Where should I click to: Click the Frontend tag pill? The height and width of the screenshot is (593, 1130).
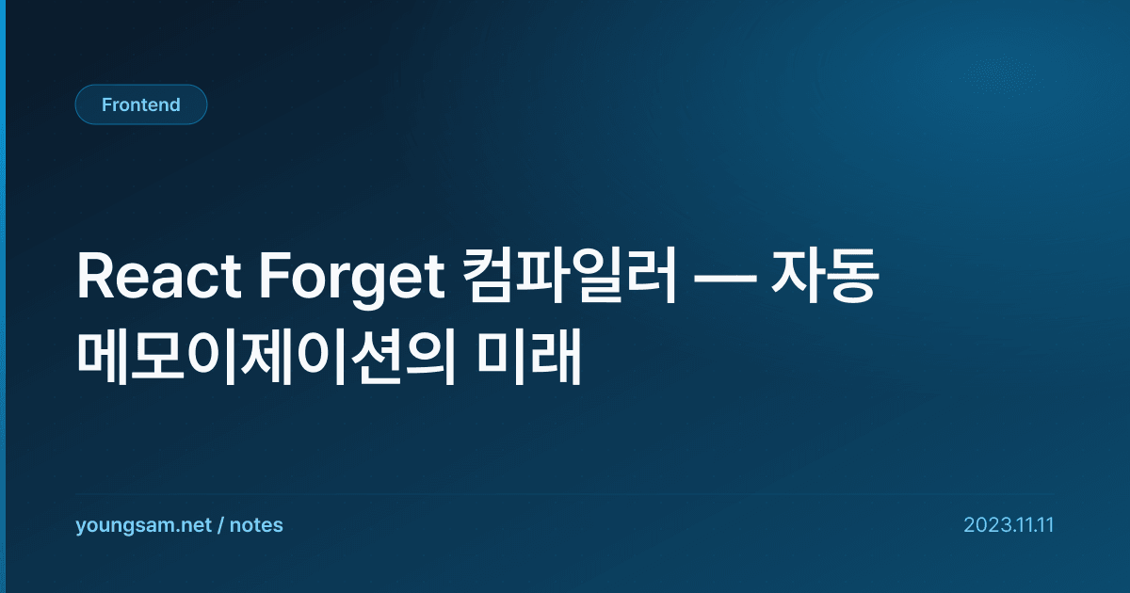pos(141,104)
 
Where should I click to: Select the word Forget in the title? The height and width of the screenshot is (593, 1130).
pos(352,280)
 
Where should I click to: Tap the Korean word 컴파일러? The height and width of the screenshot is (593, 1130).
pos(569,276)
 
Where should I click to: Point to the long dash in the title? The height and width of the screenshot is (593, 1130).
pos(724,279)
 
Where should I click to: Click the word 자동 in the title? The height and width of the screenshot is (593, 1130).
pos(825,276)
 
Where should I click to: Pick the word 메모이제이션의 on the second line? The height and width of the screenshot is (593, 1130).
pos(266,357)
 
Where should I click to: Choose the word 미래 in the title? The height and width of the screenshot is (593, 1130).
pos(528,357)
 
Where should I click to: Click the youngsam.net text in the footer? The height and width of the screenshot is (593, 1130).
pos(143,525)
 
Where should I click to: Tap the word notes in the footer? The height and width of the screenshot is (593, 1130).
pos(256,525)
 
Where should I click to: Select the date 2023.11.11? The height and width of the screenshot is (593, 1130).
pos(1009,525)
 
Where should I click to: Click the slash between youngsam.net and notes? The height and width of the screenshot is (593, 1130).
pos(220,525)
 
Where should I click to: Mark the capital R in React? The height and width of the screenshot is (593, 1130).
pos(95,277)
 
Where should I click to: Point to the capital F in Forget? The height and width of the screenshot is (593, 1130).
pos(274,277)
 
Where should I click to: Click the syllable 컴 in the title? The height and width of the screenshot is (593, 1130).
pos(489,276)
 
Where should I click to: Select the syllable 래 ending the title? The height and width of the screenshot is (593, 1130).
pos(556,357)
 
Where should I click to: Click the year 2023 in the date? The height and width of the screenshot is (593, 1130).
pos(985,525)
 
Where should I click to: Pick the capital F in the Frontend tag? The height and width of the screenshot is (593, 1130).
pos(106,104)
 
